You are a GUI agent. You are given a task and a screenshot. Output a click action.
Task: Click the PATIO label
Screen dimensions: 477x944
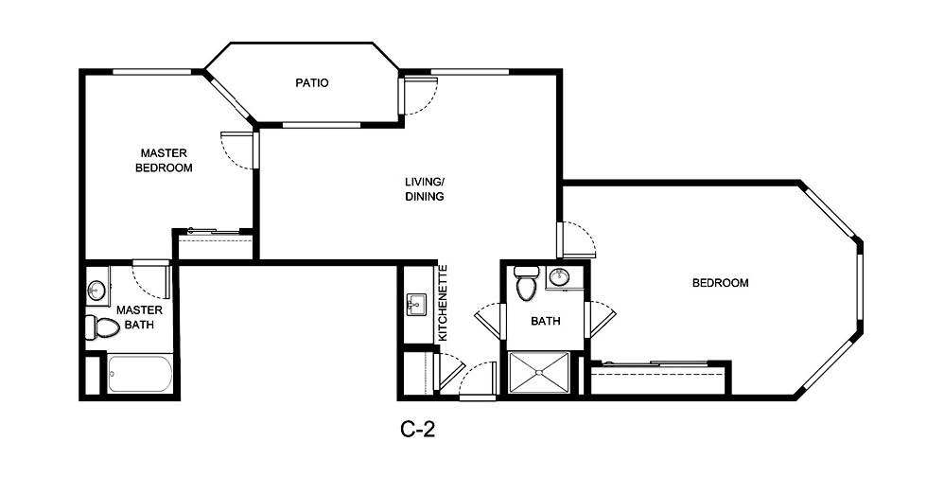pyautogui.click(x=311, y=83)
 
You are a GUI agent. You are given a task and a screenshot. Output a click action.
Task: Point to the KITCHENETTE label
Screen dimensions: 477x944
pyautogui.click(x=442, y=303)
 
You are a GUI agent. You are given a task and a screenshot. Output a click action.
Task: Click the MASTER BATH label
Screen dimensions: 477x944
pyautogui.click(x=139, y=317)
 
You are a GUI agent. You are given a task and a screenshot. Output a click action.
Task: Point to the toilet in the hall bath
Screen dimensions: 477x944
pyautogui.click(x=526, y=283)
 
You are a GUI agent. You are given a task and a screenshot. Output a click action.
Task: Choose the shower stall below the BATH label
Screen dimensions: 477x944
pyautogui.click(x=540, y=373)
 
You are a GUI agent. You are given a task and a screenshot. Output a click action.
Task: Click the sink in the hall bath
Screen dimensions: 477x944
pyautogui.click(x=559, y=278)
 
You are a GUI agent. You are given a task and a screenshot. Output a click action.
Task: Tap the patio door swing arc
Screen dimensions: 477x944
pyautogui.click(x=421, y=95)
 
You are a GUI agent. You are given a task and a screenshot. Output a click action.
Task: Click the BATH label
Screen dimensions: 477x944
pyautogui.click(x=545, y=322)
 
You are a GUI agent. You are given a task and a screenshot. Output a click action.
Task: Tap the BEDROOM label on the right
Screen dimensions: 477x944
pyautogui.click(x=720, y=283)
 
